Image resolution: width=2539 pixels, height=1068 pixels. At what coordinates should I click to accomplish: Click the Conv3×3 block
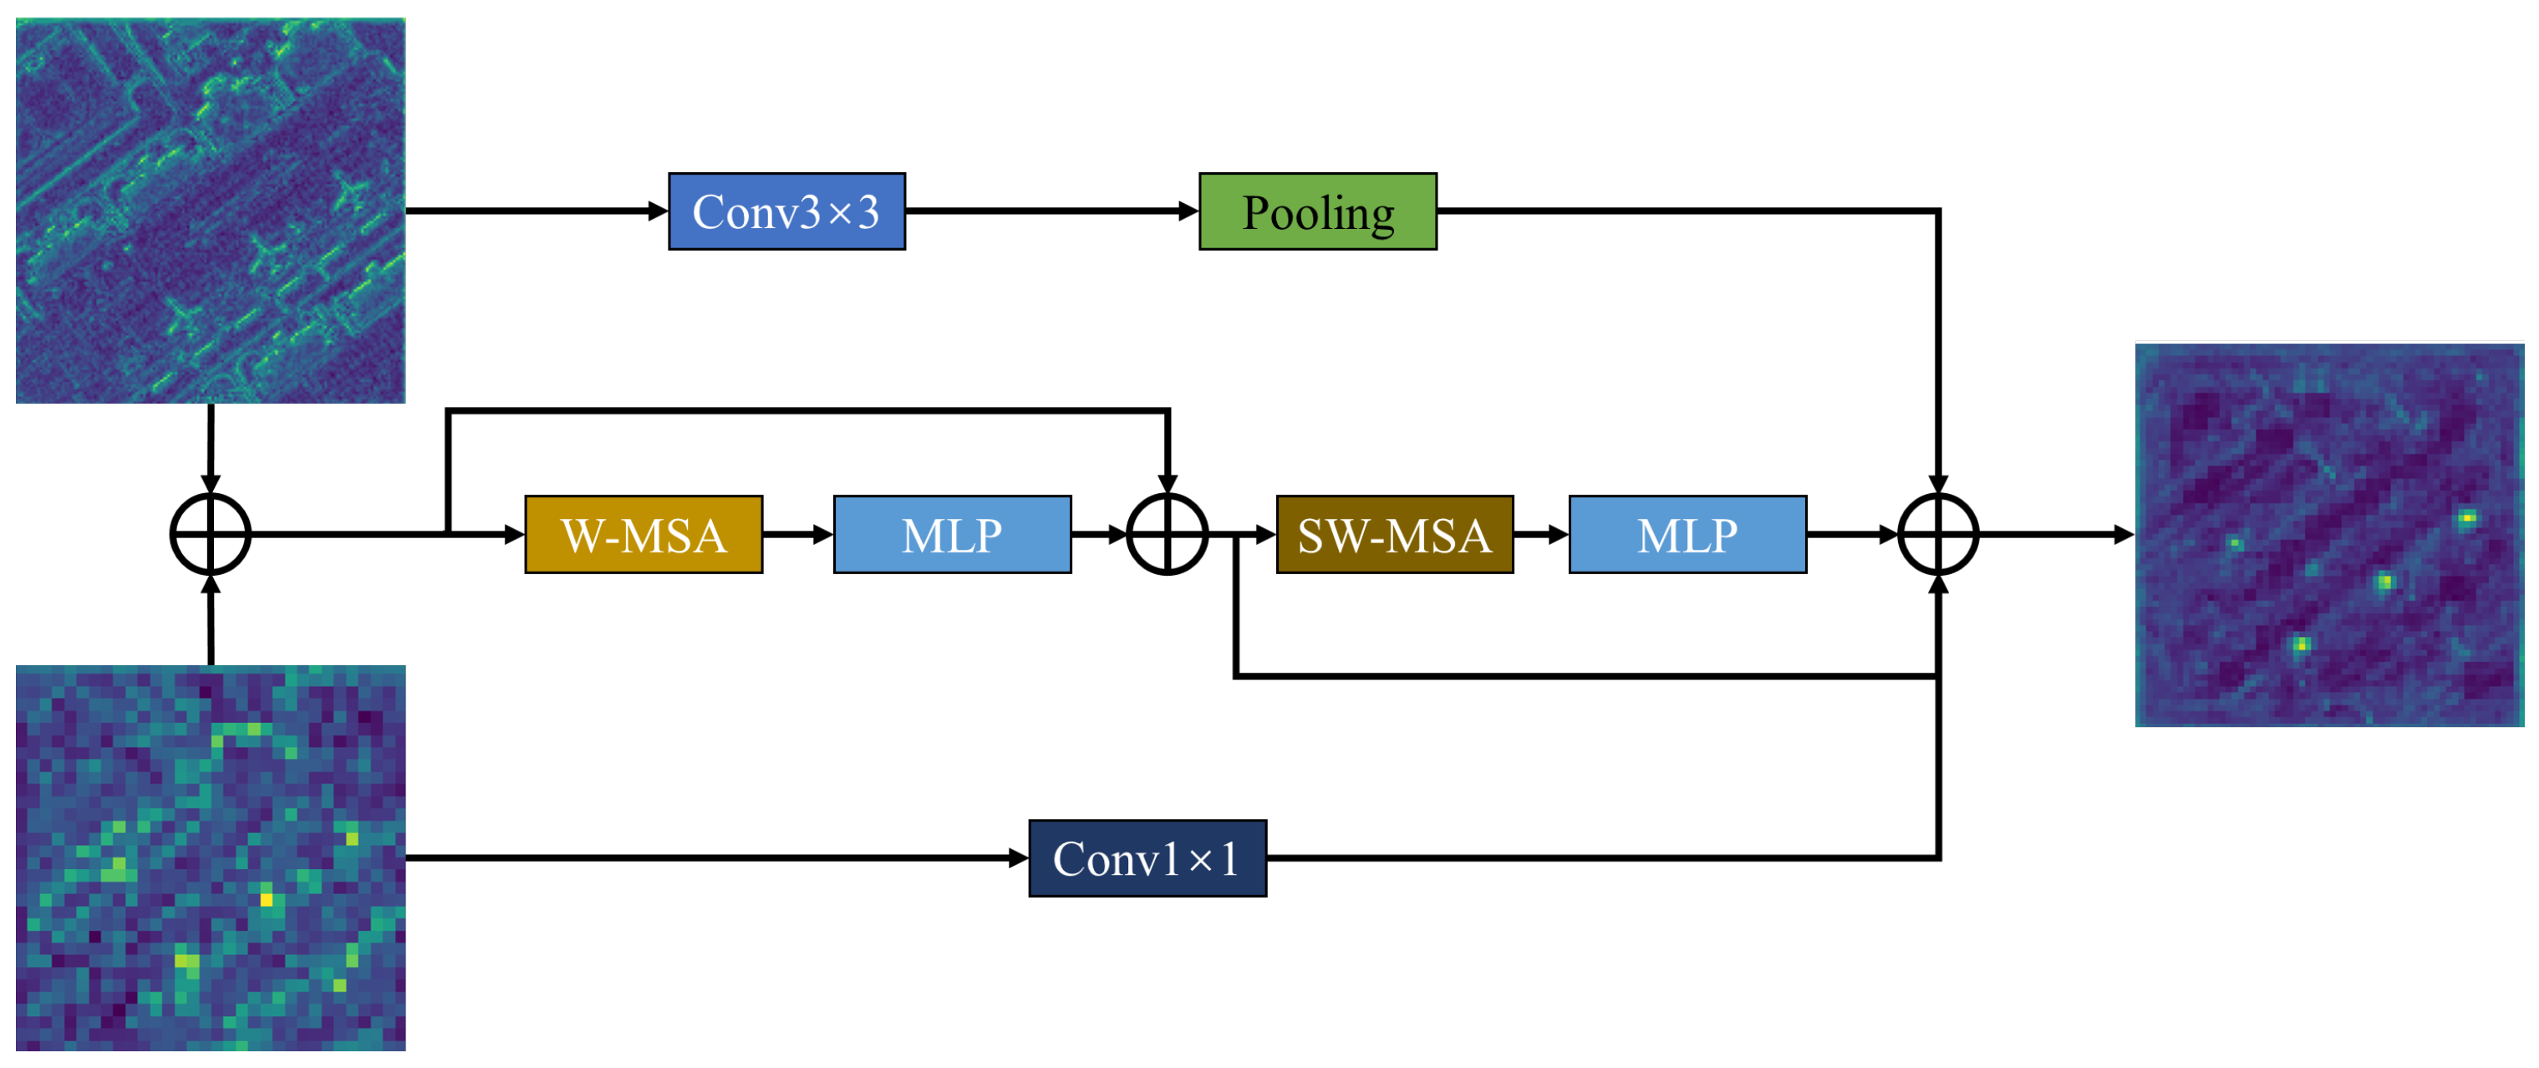tap(786, 211)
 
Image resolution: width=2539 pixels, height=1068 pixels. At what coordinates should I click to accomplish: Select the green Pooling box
tap(1317, 211)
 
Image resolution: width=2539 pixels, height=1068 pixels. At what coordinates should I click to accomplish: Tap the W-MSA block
tap(643, 535)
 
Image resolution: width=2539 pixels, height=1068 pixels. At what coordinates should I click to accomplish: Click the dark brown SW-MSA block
tap(1394, 535)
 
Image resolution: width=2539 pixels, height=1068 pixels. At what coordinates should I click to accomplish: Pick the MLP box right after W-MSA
tap(951, 535)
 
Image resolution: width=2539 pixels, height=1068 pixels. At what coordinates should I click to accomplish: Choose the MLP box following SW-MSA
tap(1687, 535)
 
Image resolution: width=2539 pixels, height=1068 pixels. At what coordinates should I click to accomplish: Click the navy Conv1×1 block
tap(1147, 858)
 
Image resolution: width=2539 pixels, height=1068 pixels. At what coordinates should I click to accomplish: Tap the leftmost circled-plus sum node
tap(210, 534)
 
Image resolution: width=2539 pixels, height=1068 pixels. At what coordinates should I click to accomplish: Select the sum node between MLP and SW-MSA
tap(1166, 534)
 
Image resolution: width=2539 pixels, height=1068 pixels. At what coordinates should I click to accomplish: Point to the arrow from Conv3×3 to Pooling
tap(1051, 211)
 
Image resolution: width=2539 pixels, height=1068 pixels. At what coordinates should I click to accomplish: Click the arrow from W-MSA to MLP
tap(797, 534)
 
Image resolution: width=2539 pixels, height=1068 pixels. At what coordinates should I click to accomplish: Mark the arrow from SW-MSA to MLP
tap(1540, 534)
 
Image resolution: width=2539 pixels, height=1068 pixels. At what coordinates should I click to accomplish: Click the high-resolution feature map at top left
tap(210, 210)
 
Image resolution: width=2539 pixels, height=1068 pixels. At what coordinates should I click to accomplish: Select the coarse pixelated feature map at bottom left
tap(210, 857)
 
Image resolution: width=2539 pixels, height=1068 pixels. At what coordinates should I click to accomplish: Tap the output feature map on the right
tap(2328, 535)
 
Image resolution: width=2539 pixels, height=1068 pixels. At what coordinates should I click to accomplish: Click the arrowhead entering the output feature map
tap(2123, 534)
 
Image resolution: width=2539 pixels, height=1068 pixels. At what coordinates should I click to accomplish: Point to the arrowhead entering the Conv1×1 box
tap(1018, 858)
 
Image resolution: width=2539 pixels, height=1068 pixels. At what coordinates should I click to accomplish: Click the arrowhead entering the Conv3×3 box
tap(658, 211)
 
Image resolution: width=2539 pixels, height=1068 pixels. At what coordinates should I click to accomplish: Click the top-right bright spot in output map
tap(2467, 517)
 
